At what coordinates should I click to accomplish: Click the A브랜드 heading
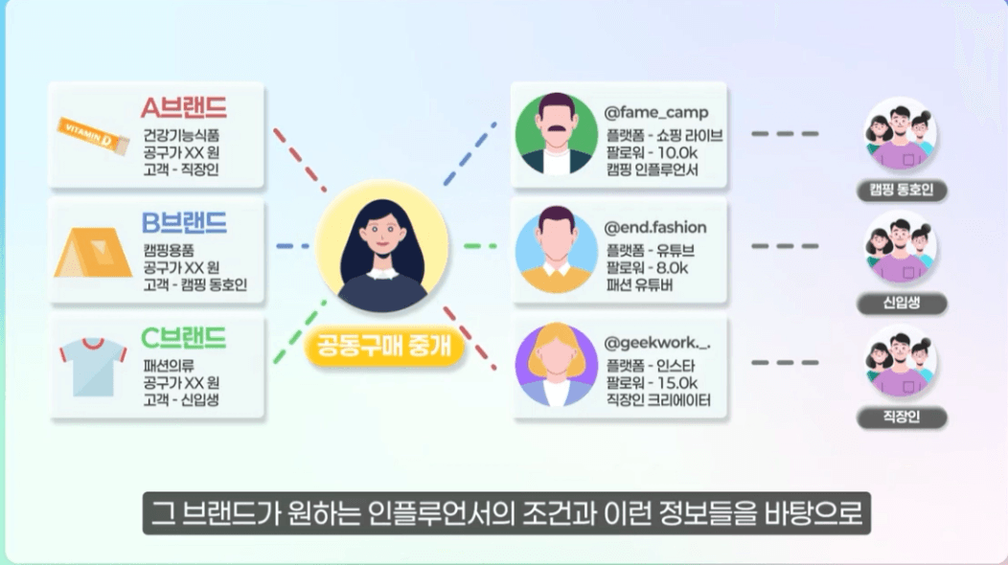pyautogui.click(x=184, y=107)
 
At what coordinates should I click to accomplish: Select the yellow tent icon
pyautogui.click(x=92, y=250)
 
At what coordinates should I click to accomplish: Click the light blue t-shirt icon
pyautogui.click(x=92, y=365)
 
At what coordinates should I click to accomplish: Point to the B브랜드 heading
pyautogui.click(x=184, y=222)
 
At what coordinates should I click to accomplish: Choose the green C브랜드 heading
pyautogui.click(x=184, y=338)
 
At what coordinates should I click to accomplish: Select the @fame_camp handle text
pyautogui.click(x=655, y=113)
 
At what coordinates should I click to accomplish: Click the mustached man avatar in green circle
pyautogui.click(x=556, y=133)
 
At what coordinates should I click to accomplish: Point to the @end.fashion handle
pyautogui.click(x=655, y=228)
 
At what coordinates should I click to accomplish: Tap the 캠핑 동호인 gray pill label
pyautogui.click(x=902, y=190)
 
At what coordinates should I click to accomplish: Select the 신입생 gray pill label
pyautogui.click(x=902, y=304)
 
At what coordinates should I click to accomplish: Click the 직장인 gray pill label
pyautogui.click(x=902, y=418)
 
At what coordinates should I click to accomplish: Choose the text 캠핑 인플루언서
pyautogui.click(x=652, y=169)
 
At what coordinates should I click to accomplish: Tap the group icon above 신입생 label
pyautogui.click(x=900, y=248)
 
